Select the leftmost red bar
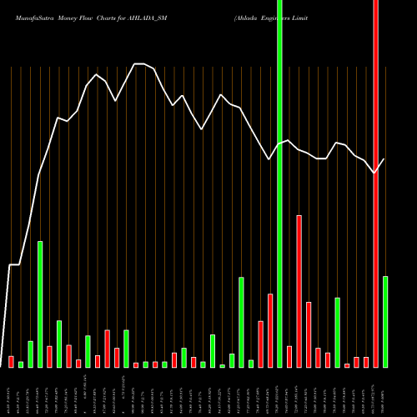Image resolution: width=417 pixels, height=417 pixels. pyautogui.click(x=11, y=362)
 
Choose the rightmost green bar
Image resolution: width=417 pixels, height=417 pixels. pyautogui.click(x=385, y=321)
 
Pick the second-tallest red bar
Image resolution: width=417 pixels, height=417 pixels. pyautogui.click(x=299, y=291)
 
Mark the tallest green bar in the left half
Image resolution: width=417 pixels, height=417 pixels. pyautogui.click(x=40, y=304)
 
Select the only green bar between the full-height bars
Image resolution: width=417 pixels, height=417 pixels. pyautogui.click(x=338, y=332)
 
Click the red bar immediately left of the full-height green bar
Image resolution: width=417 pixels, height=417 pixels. pyautogui.click(x=270, y=330)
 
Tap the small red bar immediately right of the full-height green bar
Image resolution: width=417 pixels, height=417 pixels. pyautogui.click(x=289, y=356)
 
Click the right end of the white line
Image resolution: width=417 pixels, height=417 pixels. pyautogui.click(x=384, y=158)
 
